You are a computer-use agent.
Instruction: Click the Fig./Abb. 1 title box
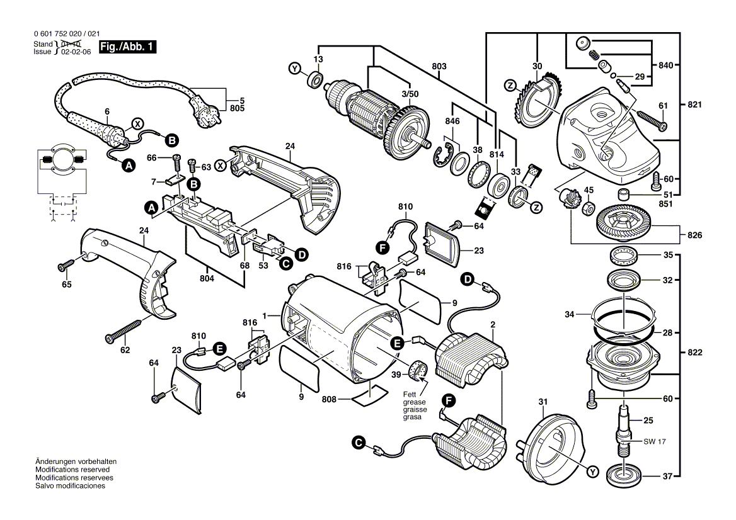pos(129,47)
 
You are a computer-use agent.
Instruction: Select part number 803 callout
pos(439,66)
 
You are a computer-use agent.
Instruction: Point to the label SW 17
pos(654,441)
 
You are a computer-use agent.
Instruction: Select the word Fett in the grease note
pos(410,394)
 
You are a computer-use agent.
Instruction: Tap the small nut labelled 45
pos(587,206)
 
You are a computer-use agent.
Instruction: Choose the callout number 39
pos(396,375)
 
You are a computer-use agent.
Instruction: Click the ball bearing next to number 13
pos(314,80)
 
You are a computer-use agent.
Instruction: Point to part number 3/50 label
pos(410,93)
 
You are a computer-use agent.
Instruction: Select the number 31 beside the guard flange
pos(543,402)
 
